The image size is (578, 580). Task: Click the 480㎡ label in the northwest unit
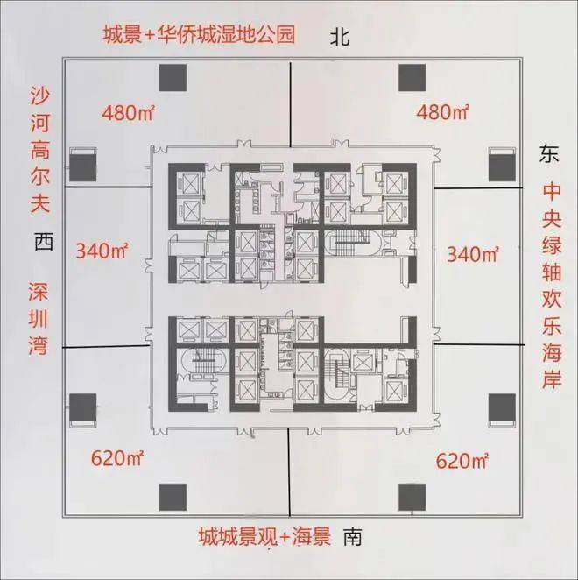(x=128, y=112)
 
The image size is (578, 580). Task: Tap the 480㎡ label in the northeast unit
(x=442, y=111)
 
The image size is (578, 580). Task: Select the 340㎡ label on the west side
(x=102, y=251)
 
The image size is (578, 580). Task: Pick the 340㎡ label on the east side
(x=473, y=254)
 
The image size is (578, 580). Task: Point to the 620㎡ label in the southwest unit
(x=116, y=459)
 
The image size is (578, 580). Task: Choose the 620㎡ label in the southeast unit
(x=462, y=461)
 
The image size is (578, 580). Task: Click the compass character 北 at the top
(x=340, y=38)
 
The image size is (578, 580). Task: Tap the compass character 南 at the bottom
(x=352, y=537)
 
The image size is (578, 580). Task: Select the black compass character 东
(x=549, y=153)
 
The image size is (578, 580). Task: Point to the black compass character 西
(x=44, y=242)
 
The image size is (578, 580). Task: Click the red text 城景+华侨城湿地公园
(x=199, y=35)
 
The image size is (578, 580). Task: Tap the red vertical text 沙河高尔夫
(x=40, y=150)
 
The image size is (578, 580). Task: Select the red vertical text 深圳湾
(x=39, y=319)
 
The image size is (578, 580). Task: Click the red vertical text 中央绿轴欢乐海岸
(x=552, y=286)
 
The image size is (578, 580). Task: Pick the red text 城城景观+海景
(x=264, y=537)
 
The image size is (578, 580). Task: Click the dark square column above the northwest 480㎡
(x=173, y=78)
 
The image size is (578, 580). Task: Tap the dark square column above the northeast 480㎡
(x=412, y=78)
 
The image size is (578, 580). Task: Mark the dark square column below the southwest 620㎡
(x=173, y=497)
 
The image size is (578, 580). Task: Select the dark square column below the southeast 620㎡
(x=412, y=497)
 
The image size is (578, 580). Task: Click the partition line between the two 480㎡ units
(x=291, y=104)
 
